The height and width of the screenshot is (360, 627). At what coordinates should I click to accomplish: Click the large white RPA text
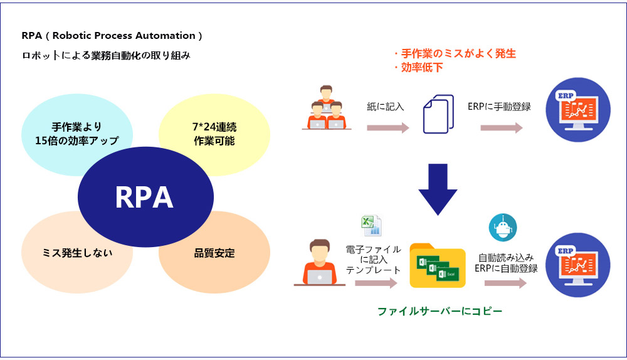(x=144, y=198)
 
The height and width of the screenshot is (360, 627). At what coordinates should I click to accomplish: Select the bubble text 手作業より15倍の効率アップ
(x=77, y=133)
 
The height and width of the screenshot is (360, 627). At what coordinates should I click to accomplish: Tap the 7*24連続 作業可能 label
(x=214, y=134)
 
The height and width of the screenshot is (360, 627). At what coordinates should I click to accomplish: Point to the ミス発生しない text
(x=78, y=254)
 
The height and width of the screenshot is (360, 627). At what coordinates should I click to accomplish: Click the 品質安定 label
(x=214, y=254)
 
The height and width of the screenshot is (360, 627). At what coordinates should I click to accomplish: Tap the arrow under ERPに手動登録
(x=502, y=128)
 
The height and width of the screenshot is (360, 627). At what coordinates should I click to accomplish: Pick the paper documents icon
(x=438, y=114)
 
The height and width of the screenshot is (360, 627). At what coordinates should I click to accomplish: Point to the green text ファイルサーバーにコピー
(x=440, y=310)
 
